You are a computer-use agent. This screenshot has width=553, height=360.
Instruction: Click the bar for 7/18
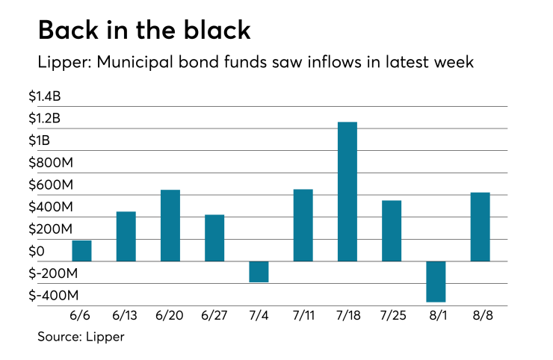(347, 191)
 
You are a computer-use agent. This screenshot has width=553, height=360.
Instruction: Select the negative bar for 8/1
(436, 282)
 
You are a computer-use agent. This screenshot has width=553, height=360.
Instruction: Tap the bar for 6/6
(82, 251)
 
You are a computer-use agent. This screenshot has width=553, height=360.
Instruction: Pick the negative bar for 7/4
(259, 272)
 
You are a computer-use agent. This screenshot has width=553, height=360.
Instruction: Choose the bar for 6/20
(170, 226)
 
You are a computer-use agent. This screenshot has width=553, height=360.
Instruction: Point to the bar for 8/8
(480, 227)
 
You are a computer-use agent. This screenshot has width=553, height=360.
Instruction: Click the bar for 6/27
(214, 238)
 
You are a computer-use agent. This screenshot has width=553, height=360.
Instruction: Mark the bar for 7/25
(392, 231)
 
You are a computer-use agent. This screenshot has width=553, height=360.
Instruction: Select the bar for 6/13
(126, 237)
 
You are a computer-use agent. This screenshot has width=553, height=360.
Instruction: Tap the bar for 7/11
(303, 226)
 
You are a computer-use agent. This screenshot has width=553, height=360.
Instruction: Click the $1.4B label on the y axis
(55, 96)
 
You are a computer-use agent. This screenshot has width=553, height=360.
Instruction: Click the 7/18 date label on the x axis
(347, 317)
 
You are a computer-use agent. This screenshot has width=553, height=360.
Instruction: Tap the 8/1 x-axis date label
(436, 317)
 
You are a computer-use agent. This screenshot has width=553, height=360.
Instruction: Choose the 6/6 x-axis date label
(82, 317)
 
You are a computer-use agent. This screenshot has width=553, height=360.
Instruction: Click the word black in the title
(214, 31)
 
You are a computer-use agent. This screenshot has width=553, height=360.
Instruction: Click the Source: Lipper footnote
(81, 337)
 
